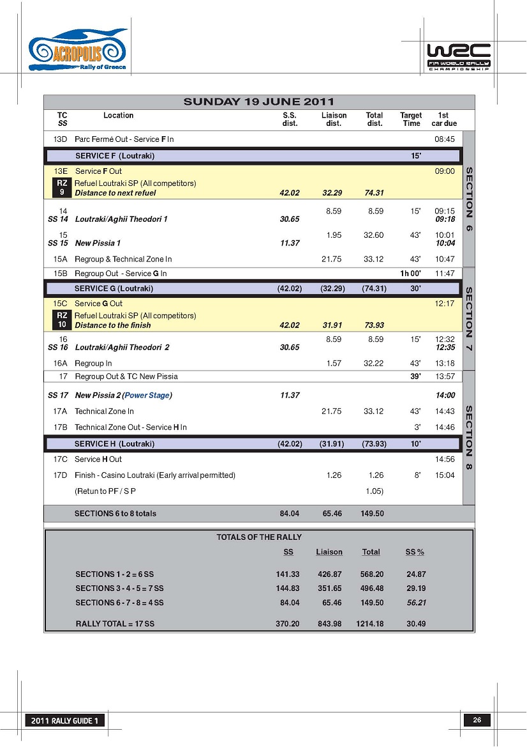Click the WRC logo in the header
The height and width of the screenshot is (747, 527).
(x=458, y=58)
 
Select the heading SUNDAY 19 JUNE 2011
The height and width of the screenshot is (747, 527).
(x=258, y=102)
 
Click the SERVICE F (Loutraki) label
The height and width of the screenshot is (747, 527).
(x=115, y=156)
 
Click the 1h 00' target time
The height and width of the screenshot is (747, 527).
(x=410, y=273)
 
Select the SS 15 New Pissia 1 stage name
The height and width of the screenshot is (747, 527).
(x=98, y=243)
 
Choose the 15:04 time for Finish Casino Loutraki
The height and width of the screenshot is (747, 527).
(x=444, y=475)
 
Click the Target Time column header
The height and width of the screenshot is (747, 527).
(x=411, y=119)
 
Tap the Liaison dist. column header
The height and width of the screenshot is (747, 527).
(x=334, y=119)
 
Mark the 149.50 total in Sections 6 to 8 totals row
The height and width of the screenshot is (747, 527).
(x=372, y=514)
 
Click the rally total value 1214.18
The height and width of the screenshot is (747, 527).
(x=370, y=624)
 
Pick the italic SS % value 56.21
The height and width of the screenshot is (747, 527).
(x=416, y=603)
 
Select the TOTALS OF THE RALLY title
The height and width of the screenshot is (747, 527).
(x=259, y=537)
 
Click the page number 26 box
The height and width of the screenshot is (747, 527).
(x=477, y=720)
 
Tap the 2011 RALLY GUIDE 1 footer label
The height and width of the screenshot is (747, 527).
(x=64, y=721)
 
